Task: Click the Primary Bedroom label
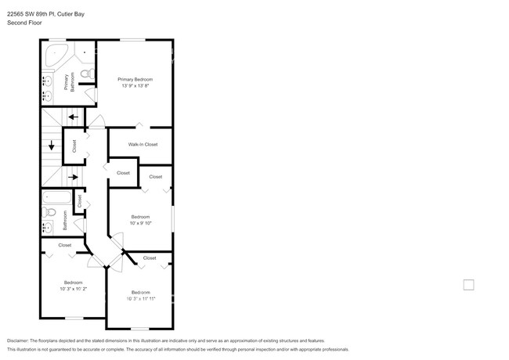point(135,79)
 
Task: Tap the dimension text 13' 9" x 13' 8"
point(135,85)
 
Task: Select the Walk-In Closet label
point(143,144)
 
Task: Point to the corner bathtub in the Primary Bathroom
point(54,56)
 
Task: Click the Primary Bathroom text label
point(70,81)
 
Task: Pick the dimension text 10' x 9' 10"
point(140,222)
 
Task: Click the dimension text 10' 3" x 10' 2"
point(73,288)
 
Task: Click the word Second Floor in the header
point(23,23)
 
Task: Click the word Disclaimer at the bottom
point(18,341)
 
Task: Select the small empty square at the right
point(468,284)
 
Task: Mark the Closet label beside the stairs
point(74,145)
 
